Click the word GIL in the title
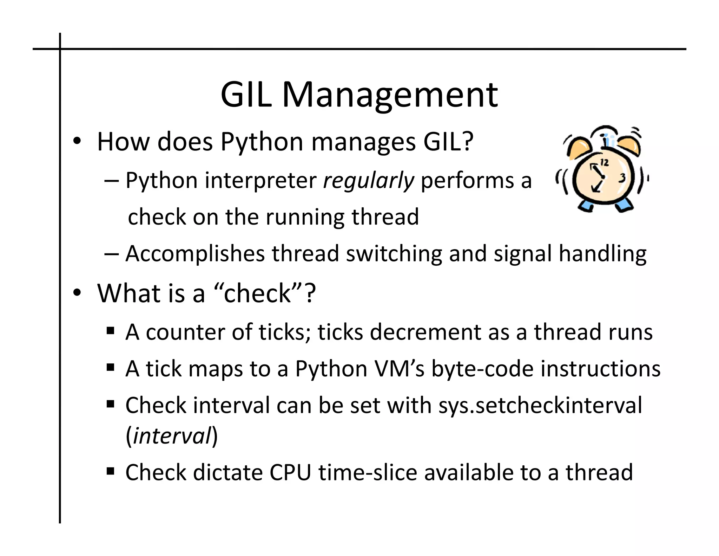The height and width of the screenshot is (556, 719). tap(246, 95)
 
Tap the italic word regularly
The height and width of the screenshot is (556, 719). tap(368, 181)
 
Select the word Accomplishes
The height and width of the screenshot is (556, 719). tap(195, 254)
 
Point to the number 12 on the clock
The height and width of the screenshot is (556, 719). tap(604, 162)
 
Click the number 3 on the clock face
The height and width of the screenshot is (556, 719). tap(622, 178)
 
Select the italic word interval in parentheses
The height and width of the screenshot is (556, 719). tap(172, 436)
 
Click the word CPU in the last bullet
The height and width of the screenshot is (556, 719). tap(290, 472)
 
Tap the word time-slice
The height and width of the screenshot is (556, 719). tap(368, 472)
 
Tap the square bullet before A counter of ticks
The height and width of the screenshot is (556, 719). tap(111, 331)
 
